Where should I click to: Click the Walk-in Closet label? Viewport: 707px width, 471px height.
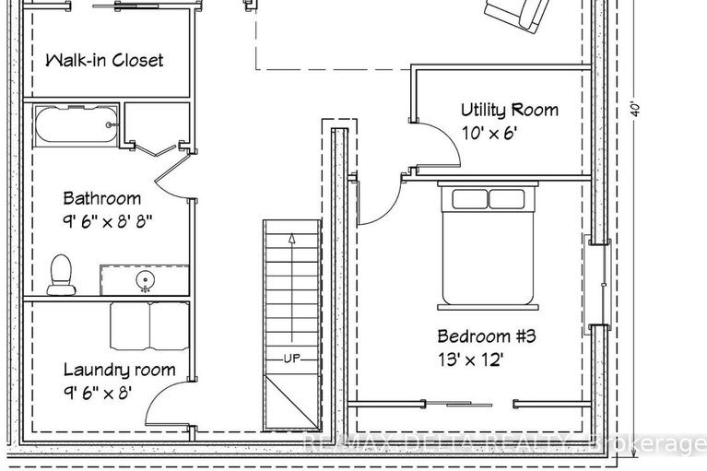pyautogui.click(x=104, y=61)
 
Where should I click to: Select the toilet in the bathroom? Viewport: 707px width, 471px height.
pyautogui.click(x=62, y=276)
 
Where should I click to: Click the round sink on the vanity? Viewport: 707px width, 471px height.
pyautogui.click(x=145, y=279)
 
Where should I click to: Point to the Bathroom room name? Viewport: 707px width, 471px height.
pyautogui.click(x=101, y=198)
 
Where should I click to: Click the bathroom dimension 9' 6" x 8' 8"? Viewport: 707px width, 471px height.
pyautogui.click(x=107, y=221)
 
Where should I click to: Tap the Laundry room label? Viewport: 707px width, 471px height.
pyautogui.click(x=119, y=370)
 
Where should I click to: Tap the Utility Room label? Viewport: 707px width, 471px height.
pyautogui.click(x=510, y=111)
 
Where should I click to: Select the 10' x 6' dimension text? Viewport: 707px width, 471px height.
pyautogui.click(x=489, y=133)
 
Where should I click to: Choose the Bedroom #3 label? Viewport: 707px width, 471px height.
pyautogui.click(x=486, y=336)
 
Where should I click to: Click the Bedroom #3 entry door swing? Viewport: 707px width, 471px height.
pyautogui.click(x=378, y=203)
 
